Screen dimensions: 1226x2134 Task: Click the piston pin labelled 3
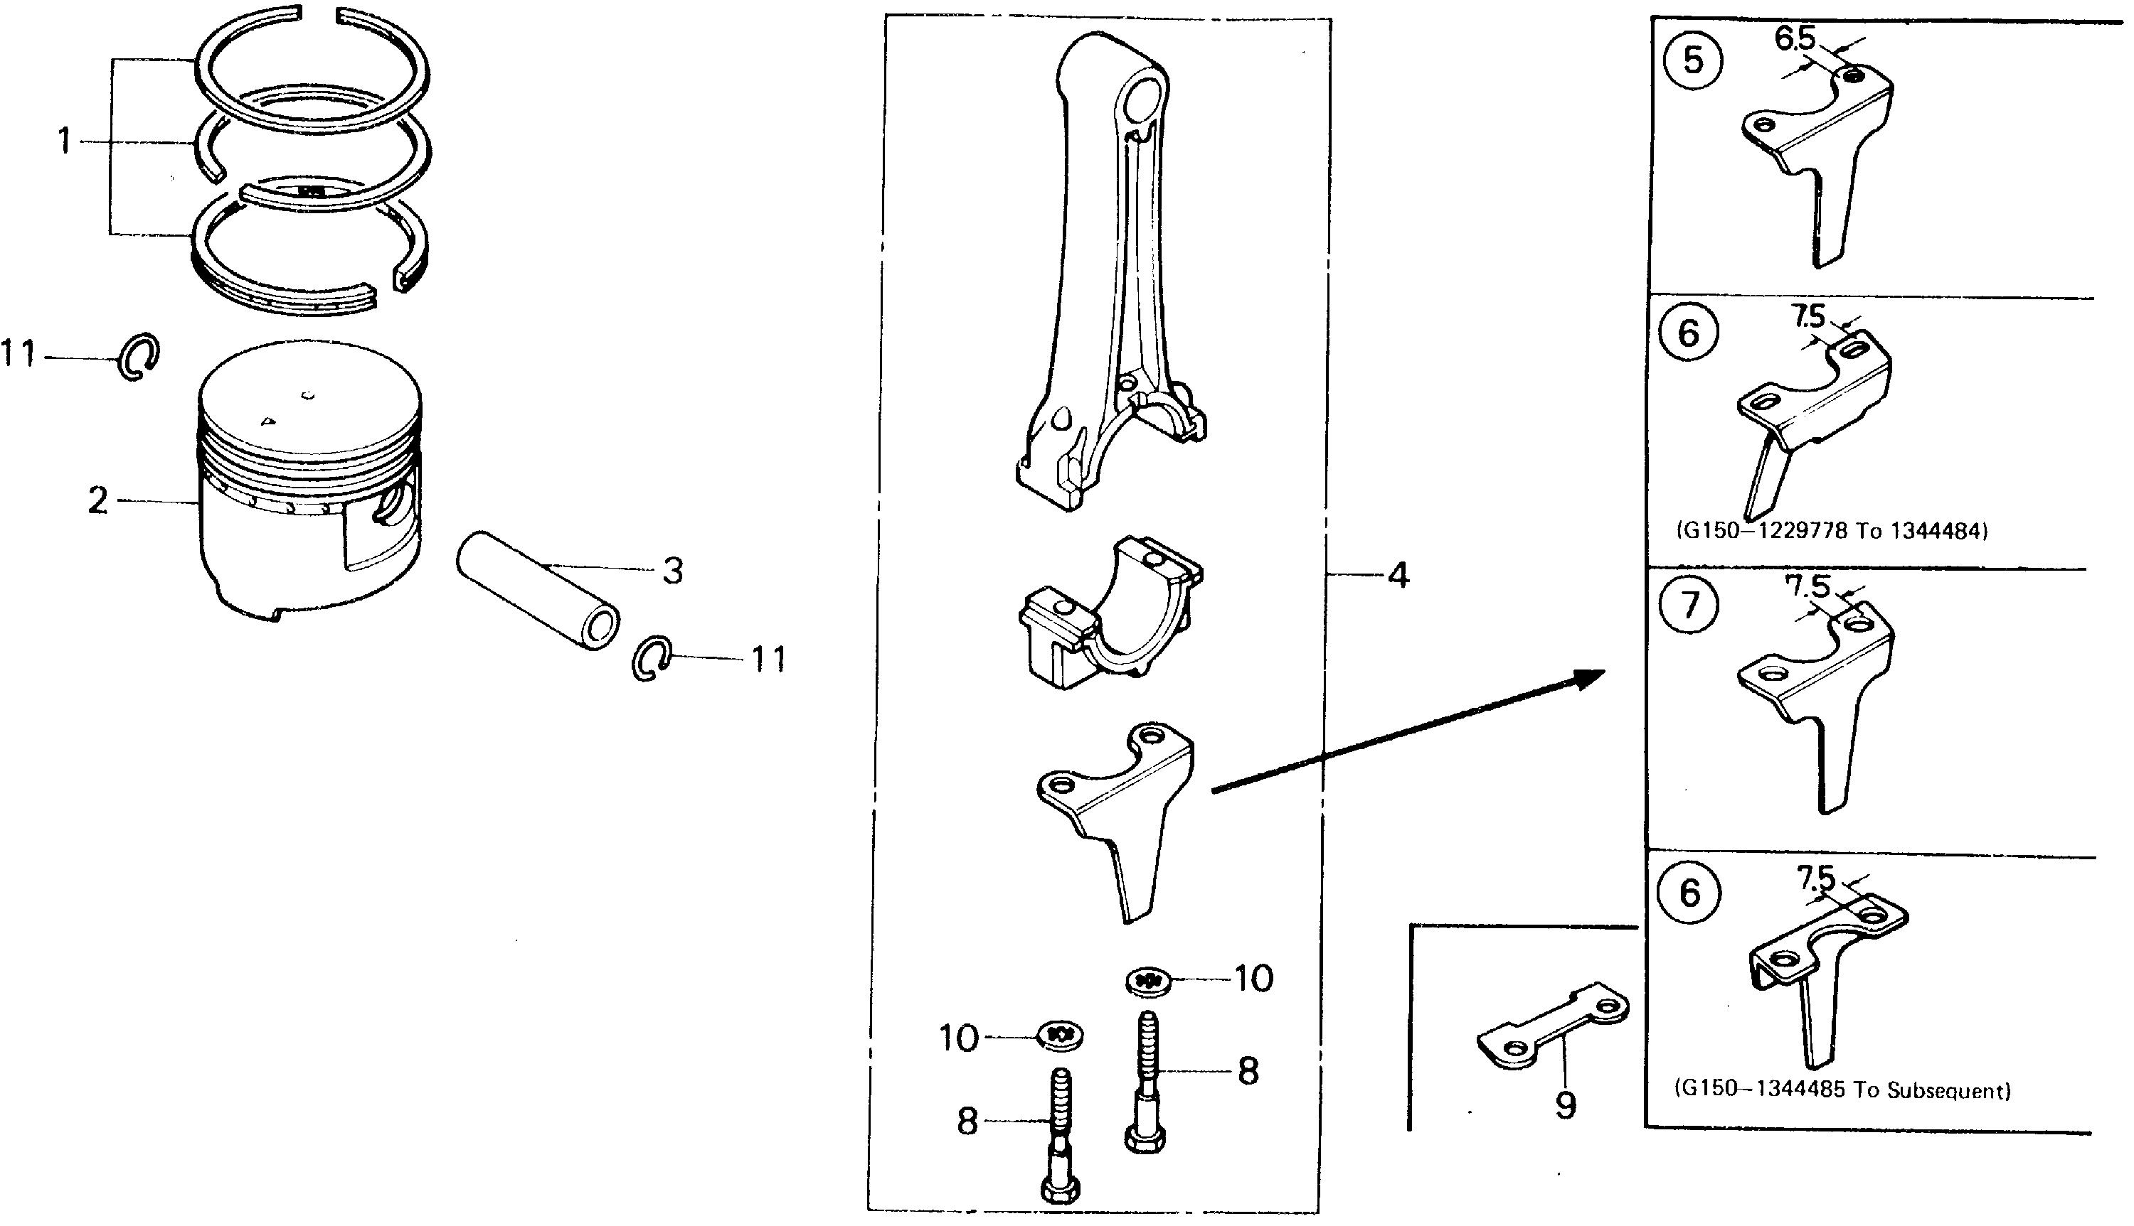point(536,589)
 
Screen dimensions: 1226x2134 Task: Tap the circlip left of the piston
point(137,356)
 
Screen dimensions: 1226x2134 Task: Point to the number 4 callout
point(1398,576)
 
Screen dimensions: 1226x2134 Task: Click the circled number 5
point(1692,60)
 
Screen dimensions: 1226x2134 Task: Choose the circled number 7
point(1690,605)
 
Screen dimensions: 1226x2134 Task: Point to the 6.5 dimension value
point(1795,38)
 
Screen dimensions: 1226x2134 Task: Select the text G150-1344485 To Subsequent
point(1842,1090)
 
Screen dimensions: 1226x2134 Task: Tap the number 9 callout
point(1566,1104)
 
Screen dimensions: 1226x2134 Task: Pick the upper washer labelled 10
point(1147,980)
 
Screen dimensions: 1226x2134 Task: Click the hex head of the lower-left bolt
point(1061,1190)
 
